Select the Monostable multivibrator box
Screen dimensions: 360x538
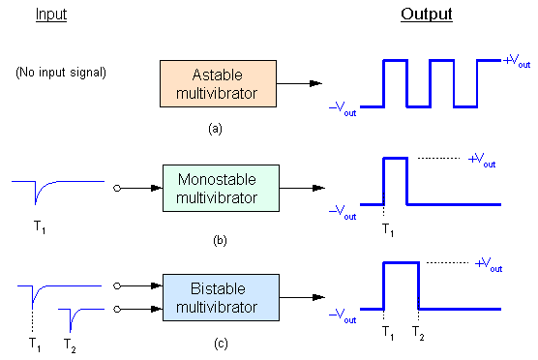tap(219, 190)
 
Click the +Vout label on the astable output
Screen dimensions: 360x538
tap(518, 61)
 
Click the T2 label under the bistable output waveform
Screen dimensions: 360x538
tap(418, 331)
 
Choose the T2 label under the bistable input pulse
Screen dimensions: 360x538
tap(71, 344)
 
